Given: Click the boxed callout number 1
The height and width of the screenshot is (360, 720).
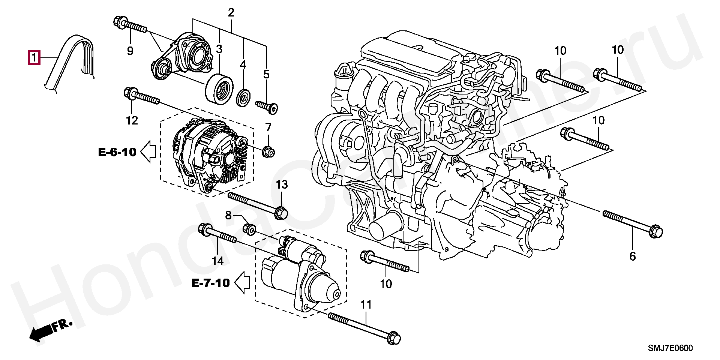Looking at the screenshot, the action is (33, 58).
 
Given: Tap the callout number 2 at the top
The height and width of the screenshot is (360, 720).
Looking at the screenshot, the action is (231, 13).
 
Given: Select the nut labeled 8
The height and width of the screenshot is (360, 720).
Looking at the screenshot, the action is (250, 228).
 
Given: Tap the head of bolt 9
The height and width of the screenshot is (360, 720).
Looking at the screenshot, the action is (118, 22).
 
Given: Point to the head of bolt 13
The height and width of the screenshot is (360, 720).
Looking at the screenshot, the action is (281, 213).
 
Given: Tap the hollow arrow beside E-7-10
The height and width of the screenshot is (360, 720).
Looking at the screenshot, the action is (242, 282).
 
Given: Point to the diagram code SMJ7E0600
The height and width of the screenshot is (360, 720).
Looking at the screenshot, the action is (670, 348).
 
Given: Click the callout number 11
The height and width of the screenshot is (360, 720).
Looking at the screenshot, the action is (366, 305).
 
